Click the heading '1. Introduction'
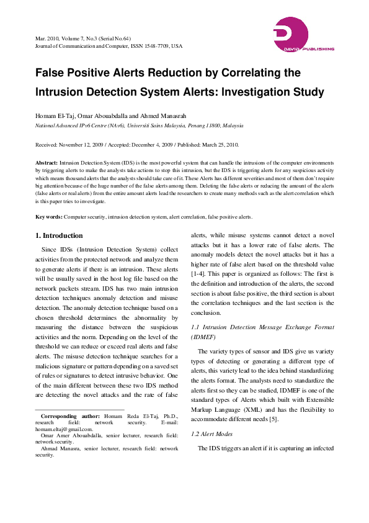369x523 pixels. click(59, 236)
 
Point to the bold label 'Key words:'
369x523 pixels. click(48, 216)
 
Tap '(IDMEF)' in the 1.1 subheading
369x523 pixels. click(203, 336)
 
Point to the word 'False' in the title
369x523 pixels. click(52, 73)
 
